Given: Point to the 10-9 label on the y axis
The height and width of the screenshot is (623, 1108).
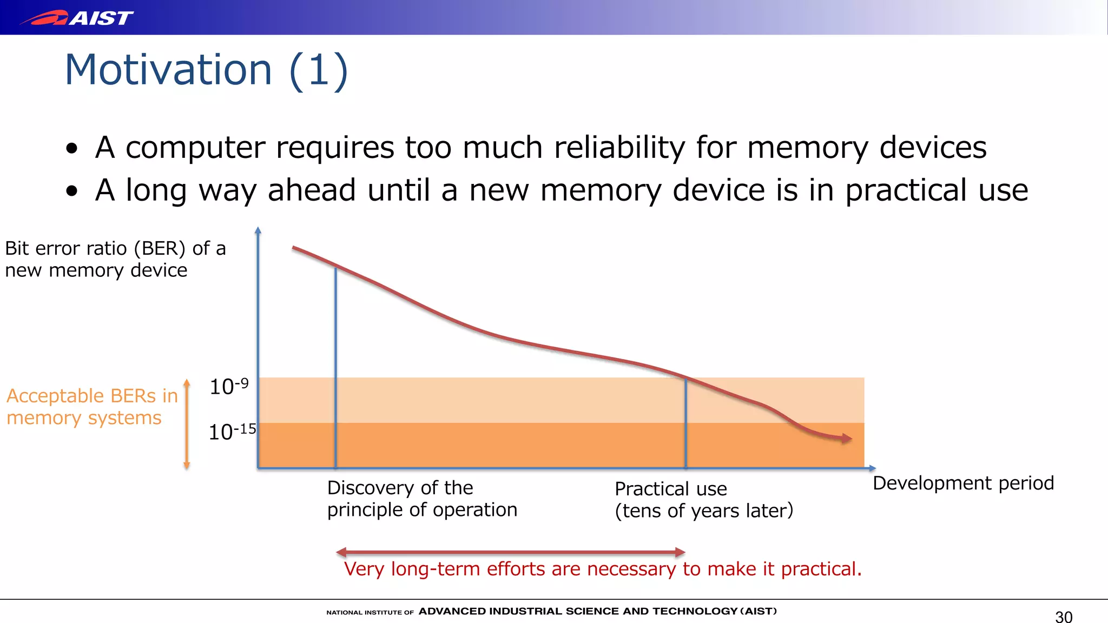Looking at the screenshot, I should (229, 387).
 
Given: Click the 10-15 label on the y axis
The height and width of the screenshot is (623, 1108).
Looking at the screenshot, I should (232, 432).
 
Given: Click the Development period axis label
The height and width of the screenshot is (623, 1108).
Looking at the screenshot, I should (963, 483).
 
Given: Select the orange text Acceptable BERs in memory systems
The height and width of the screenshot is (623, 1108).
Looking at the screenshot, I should (91, 407).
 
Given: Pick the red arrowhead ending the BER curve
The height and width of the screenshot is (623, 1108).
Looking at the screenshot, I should (846, 439).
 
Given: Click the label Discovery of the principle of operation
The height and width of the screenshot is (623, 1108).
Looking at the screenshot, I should (422, 499).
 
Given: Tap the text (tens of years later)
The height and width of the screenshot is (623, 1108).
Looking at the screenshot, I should (704, 511).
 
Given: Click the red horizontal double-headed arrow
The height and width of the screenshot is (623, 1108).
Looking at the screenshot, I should (510, 552).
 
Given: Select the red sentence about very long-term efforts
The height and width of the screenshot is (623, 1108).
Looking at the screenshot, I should (603, 569).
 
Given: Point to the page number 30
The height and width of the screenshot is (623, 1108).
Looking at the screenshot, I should (1064, 617).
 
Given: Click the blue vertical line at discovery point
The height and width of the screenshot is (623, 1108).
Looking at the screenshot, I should (335, 368).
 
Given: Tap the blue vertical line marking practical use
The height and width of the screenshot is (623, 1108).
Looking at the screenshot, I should (685, 422).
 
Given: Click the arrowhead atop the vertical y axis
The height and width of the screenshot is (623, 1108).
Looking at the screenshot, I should (258, 230).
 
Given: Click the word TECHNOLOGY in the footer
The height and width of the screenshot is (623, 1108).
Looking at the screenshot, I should (695, 611).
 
